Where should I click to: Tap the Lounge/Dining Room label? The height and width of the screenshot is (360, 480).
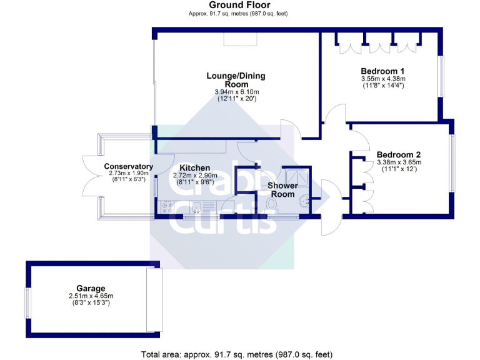click(x=236, y=80)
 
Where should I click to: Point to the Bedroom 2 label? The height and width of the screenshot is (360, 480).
click(x=398, y=155)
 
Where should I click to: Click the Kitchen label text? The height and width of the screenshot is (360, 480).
click(x=194, y=168)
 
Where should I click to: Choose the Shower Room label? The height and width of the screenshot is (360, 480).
click(x=282, y=190)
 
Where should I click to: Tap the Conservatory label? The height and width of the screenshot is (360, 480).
click(x=129, y=166)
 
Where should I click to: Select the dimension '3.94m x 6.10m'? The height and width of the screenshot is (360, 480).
click(x=236, y=92)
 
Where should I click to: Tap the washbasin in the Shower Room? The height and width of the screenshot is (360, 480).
click(x=304, y=201)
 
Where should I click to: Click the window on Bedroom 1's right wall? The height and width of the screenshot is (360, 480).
click(x=441, y=77)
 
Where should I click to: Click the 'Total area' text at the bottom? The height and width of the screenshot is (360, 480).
click(x=236, y=354)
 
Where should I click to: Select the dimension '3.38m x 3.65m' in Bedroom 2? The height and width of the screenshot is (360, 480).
click(x=398, y=162)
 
